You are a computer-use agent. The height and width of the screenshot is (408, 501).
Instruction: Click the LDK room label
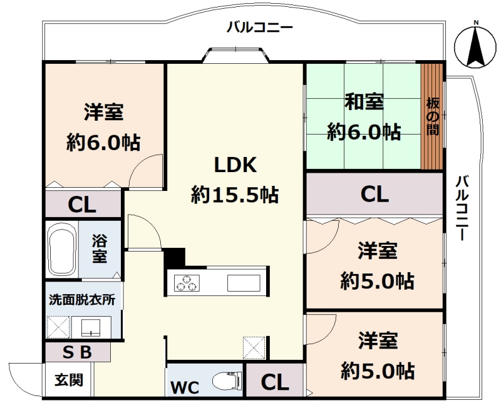tap(235, 165)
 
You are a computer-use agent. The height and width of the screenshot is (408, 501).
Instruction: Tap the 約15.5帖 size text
tap(235, 195)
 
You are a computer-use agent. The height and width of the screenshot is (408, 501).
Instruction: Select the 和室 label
tap(364, 102)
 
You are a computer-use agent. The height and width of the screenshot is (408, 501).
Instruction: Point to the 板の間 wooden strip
tap(431, 117)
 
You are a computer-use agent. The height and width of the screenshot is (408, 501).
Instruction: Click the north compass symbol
tap(475, 45)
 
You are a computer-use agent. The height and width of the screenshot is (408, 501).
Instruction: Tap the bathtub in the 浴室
tap(62, 249)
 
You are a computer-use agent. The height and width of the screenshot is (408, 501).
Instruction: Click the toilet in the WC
tap(227, 380)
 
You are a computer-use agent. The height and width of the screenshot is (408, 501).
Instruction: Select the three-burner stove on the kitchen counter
tap(187, 283)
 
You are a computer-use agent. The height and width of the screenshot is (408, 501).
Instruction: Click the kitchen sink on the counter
tap(244, 283)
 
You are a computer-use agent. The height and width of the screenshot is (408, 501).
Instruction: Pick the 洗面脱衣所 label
tap(82, 300)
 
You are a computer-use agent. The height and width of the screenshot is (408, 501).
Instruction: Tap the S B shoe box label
tap(77, 352)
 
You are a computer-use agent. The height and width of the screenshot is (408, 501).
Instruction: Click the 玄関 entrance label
tap(69, 380)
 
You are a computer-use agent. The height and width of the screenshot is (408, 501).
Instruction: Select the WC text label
tap(185, 387)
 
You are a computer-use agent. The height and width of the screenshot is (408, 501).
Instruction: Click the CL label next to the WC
tap(275, 382)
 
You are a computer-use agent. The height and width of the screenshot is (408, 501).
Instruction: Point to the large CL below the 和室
tap(374, 194)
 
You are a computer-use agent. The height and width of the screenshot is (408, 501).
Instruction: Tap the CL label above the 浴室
tap(82, 205)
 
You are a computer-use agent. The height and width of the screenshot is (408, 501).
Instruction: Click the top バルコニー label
tap(259, 27)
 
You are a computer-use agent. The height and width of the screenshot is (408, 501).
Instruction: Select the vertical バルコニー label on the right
tap(462, 208)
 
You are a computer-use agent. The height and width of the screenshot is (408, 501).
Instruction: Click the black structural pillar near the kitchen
tap(175, 257)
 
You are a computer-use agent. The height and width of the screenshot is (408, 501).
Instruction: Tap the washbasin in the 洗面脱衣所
tap(91, 327)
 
